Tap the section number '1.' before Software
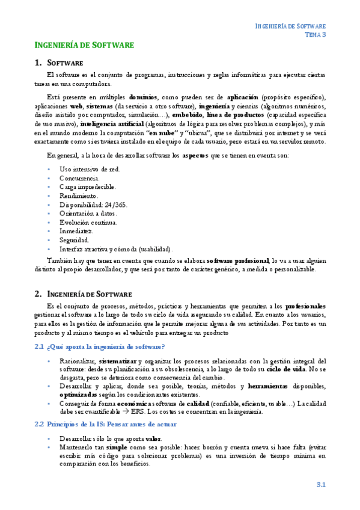coord(38,63)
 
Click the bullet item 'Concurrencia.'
coord(79,178)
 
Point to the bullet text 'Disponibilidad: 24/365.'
coord(90,204)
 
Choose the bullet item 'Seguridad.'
coord(75,239)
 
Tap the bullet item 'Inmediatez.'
coord(76,230)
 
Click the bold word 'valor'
coord(153,438)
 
